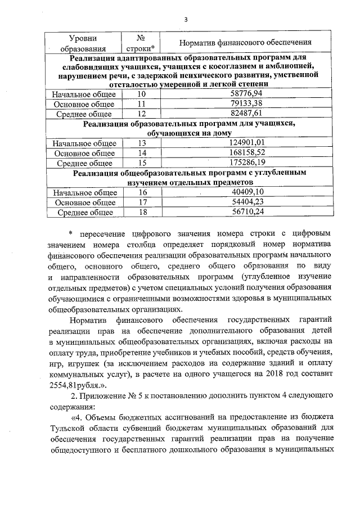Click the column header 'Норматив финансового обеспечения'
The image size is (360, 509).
(x=245, y=43)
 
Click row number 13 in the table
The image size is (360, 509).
(x=141, y=143)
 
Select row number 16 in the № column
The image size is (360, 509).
(x=141, y=192)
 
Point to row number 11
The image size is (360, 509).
(x=141, y=104)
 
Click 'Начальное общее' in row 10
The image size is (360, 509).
(x=84, y=94)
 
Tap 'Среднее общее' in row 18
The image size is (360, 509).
(x=84, y=212)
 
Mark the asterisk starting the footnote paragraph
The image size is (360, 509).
(x=71, y=232)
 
